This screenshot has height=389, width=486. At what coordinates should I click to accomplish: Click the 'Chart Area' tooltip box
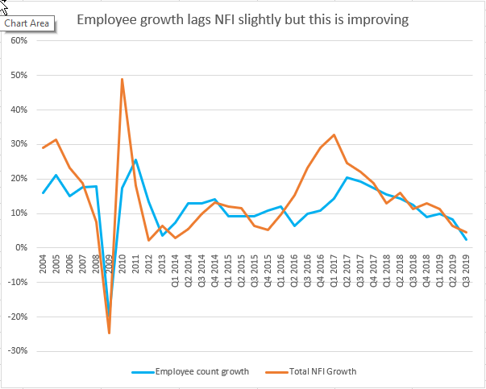(x=27, y=23)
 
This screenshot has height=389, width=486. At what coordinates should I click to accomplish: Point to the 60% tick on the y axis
(x=19, y=40)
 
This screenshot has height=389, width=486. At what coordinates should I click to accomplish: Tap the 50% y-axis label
(x=19, y=75)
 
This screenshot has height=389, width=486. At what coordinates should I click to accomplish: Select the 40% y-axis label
(x=19, y=110)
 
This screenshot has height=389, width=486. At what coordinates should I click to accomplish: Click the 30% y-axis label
(x=19, y=144)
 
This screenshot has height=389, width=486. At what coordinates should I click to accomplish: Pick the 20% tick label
(x=19, y=179)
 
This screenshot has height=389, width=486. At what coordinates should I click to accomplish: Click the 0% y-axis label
(x=22, y=248)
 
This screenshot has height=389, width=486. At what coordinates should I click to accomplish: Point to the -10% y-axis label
(x=18, y=283)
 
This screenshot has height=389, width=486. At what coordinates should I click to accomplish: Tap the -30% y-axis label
(x=18, y=351)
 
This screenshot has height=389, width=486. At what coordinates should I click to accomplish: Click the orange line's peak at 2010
(x=122, y=79)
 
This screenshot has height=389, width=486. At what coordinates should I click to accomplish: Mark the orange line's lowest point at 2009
(x=109, y=333)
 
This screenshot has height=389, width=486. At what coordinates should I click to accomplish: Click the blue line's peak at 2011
(x=135, y=159)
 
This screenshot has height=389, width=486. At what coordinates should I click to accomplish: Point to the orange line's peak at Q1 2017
(x=334, y=134)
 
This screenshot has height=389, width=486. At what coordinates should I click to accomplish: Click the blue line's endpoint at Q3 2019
(x=466, y=239)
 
